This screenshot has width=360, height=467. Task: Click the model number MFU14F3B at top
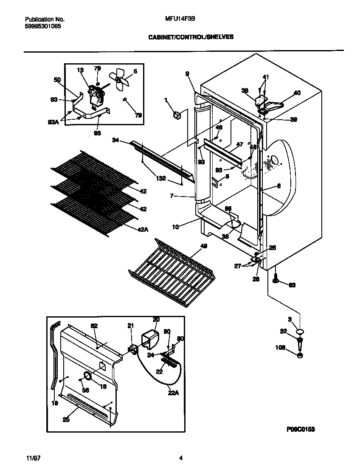click(177, 19)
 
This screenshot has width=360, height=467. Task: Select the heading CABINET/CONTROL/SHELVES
click(191, 37)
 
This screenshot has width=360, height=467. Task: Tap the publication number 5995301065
click(43, 26)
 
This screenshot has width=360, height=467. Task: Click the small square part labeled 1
click(177, 114)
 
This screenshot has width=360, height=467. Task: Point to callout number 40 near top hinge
click(297, 93)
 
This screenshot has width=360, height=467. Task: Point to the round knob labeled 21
click(133, 349)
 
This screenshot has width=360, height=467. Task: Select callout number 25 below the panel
click(66, 420)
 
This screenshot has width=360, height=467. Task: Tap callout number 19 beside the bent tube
click(54, 403)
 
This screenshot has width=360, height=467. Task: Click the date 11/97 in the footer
click(31, 458)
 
